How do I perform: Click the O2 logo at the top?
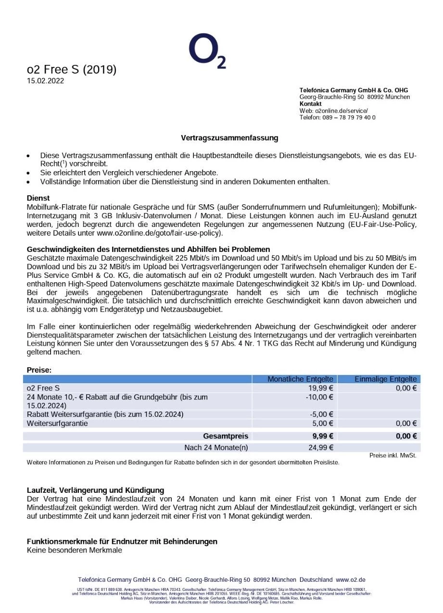click(207, 51)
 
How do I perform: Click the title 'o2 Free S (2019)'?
click(72, 70)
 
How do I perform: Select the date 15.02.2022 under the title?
click(45, 81)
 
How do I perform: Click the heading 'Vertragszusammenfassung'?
click(229, 138)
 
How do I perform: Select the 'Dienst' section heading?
click(38, 198)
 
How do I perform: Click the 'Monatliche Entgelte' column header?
click(301, 379)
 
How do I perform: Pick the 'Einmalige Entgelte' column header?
click(385, 379)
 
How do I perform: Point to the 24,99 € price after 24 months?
click(321, 448)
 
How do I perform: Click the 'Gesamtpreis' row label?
click(226, 436)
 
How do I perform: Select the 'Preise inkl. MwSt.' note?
click(392, 455)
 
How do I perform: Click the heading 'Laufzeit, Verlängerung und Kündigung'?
click(95, 490)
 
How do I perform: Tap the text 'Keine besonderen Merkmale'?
click(74, 550)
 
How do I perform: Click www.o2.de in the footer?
click(351, 580)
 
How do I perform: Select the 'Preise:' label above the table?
click(39, 370)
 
